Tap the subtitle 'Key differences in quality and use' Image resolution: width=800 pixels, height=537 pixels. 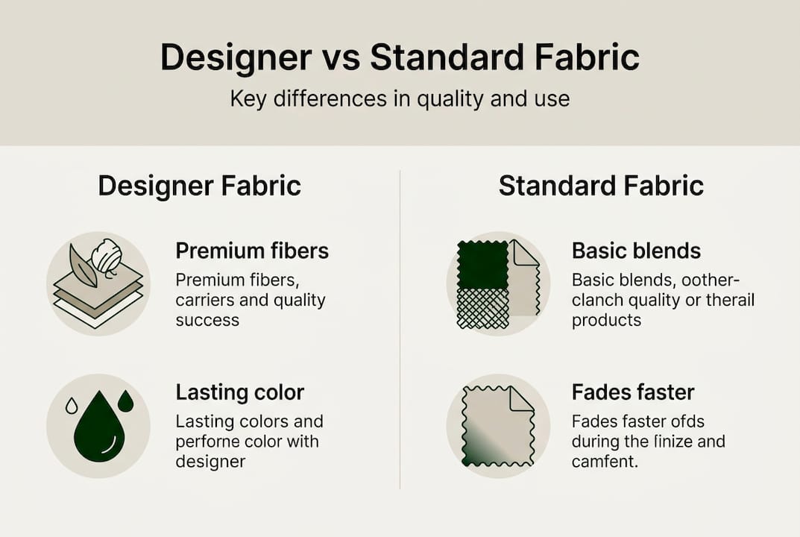[x=400, y=98]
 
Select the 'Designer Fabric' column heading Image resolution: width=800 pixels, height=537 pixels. [x=199, y=186]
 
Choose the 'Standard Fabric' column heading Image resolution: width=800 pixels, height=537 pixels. [x=600, y=186]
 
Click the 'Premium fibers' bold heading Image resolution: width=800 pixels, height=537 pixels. [x=252, y=251]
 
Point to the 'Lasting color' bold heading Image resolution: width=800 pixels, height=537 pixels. [x=240, y=392]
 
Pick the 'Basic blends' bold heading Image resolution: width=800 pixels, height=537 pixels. [x=636, y=251]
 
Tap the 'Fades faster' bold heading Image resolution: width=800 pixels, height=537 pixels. [x=633, y=392]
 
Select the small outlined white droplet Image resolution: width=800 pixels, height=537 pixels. [x=72, y=406]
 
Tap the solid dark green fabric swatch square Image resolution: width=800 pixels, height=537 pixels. [x=482, y=264]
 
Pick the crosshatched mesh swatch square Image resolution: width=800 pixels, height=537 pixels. [x=482, y=308]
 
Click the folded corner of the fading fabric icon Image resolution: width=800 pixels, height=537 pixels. [x=521, y=399]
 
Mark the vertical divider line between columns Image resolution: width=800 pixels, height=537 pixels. [x=400, y=328]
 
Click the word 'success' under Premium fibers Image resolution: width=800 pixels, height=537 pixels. [x=207, y=321]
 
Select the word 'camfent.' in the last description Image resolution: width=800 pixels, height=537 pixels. [x=605, y=462]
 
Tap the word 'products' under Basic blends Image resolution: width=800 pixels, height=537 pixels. [x=606, y=321]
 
